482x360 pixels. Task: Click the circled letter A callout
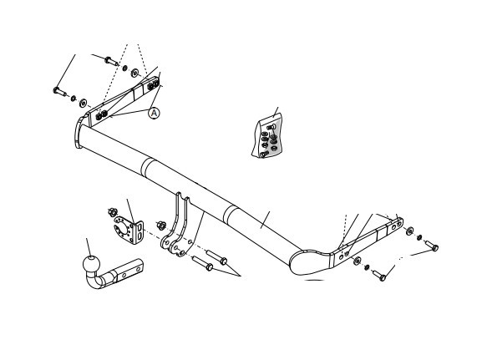[154, 113]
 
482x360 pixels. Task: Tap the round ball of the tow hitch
[92, 265]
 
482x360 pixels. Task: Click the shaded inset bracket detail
[267, 135]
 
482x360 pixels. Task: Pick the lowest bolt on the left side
[59, 92]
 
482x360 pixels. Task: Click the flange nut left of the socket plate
[113, 212]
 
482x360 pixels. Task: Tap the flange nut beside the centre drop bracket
[161, 226]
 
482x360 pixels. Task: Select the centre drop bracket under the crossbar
[177, 226]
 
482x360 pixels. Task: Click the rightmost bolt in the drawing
[432, 246]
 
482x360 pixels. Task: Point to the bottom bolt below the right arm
[379, 275]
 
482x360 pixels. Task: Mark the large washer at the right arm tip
[409, 231]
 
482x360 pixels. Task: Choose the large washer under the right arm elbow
[357, 261]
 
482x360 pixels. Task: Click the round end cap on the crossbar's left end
[78, 133]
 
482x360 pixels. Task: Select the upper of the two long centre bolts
[216, 257]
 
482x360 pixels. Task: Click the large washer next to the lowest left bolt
[83, 103]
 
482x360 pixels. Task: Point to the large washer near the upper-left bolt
[134, 74]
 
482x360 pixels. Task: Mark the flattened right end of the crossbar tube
[311, 262]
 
